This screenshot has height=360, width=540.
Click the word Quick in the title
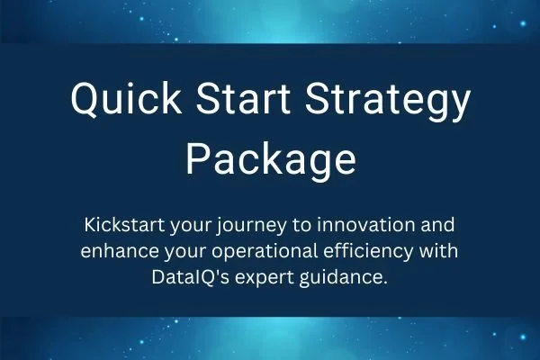(119, 105)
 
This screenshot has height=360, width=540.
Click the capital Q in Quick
(86, 104)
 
